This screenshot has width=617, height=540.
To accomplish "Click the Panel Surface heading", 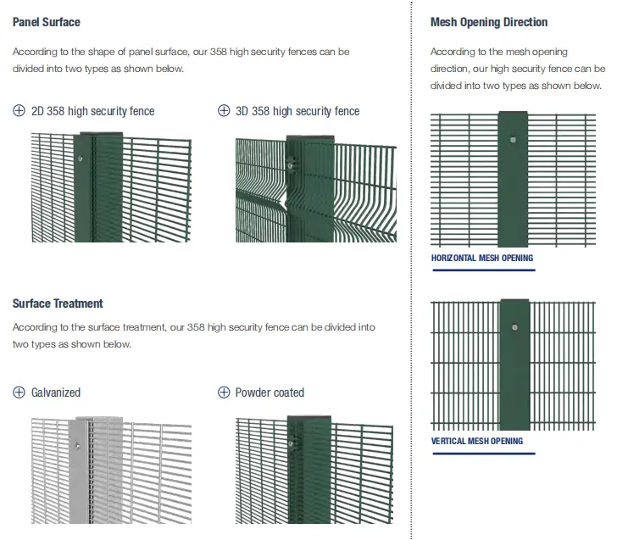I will click(47, 23).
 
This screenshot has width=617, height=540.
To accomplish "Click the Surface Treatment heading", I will click(58, 303).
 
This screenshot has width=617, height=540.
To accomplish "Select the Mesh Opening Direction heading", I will click(489, 22).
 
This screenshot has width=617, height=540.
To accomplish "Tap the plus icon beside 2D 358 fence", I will click(19, 111).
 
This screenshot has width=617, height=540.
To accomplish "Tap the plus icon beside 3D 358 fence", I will click(224, 111).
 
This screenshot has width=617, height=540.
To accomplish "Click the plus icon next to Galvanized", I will click(19, 392).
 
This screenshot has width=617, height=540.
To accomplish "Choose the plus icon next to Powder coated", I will click(224, 392).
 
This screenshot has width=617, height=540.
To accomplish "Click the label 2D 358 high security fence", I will click(93, 111).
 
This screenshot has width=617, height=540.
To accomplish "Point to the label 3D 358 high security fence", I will click(297, 111).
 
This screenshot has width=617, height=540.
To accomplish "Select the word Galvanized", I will click(56, 392).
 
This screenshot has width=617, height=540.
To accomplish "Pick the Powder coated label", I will click(270, 392).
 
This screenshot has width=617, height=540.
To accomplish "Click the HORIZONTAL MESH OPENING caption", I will click(482, 258).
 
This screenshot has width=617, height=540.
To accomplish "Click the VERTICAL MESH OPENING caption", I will click(477, 442).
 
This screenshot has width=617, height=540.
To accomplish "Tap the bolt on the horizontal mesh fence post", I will click(513, 141).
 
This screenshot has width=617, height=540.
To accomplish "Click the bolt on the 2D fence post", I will click(80, 158).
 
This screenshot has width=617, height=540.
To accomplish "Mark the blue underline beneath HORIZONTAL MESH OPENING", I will click(483, 270).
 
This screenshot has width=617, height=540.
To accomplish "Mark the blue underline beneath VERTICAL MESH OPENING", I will click(483, 454).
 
